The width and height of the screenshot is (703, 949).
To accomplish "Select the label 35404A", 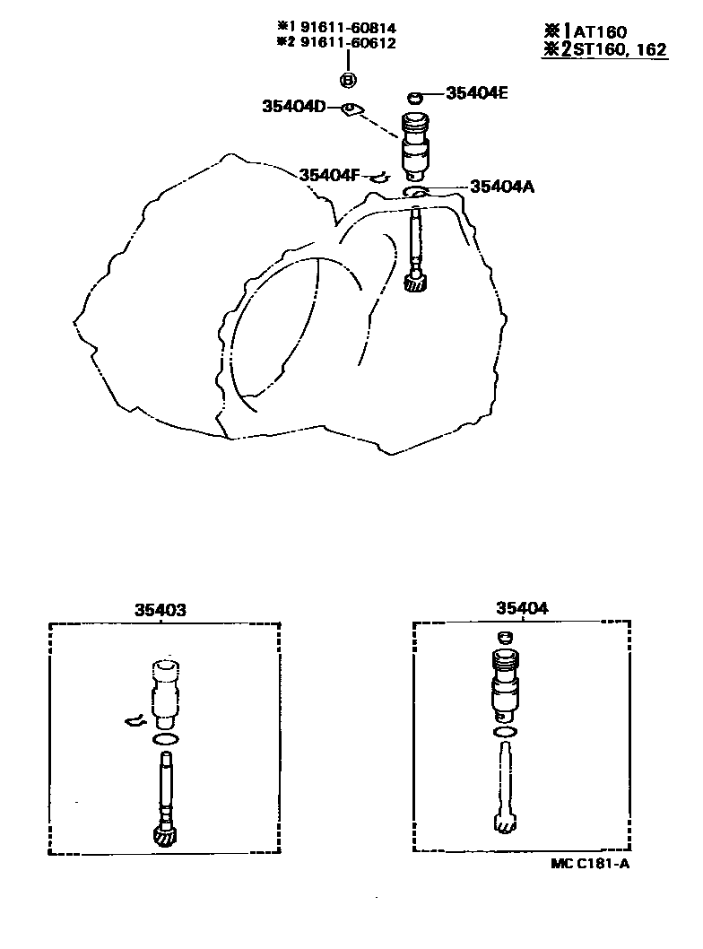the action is click(501, 187).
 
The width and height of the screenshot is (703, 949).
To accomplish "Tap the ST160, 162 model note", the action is click(615, 49).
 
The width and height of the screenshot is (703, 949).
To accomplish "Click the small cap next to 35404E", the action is click(414, 96).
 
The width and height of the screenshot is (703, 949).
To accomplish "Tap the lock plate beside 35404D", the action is click(351, 110).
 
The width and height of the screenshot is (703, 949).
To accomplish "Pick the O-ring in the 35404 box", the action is click(505, 733).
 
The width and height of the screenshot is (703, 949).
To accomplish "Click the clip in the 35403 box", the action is click(135, 720).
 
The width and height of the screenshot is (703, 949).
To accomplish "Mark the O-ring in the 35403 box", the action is click(164, 739).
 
